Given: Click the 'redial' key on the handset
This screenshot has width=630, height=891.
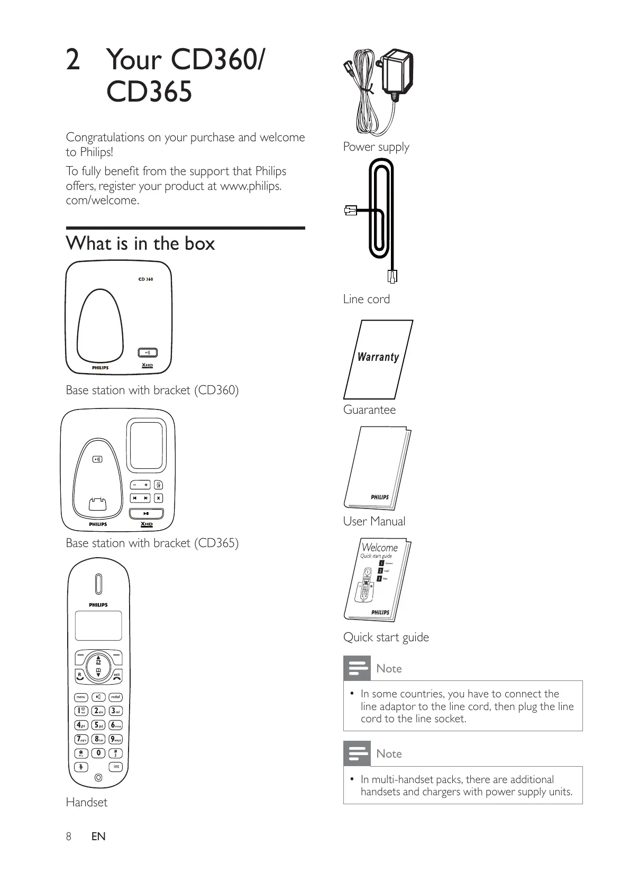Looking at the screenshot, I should pyautogui.click(x=115, y=697).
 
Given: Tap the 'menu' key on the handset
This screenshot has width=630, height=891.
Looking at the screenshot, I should pyautogui.click(x=81, y=697).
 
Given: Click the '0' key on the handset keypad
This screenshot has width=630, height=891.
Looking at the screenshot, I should pyautogui.click(x=98, y=753).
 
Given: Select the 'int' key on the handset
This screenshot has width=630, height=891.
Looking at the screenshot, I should pyautogui.click(x=116, y=767).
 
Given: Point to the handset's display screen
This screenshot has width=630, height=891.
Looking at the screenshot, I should pyautogui.click(x=98, y=626).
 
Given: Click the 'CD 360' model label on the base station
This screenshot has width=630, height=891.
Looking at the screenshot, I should pyautogui.click(x=145, y=279).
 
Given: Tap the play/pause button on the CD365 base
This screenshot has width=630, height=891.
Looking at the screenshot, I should pyautogui.click(x=147, y=513).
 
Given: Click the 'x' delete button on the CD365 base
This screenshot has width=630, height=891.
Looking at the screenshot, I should pyautogui.click(x=158, y=498).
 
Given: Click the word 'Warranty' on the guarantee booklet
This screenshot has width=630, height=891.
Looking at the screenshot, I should pyautogui.click(x=378, y=357).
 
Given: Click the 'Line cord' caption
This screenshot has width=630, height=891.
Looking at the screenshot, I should pyautogui.click(x=366, y=299).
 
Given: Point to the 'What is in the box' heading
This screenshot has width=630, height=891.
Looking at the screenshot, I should pyautogui.click(x=140, y=243).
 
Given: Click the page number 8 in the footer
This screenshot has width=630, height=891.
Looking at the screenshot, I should pyautogui.click(x=68, y=836).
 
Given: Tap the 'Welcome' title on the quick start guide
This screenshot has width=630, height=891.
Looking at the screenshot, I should pyautogui.click(x=379, y=548).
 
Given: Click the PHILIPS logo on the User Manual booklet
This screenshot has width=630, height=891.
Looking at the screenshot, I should pyautogui.click(x=379, y=497).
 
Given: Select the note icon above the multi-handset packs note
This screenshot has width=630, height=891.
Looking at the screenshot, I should pyautogui.click(x=357, y=753).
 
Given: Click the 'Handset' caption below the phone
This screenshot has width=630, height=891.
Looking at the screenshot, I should pyautogui.click(x=86, y=802).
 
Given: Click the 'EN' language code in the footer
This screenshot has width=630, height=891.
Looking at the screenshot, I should pyautogui.click(x=98, y=836).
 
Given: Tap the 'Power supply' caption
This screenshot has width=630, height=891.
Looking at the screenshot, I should pyautogui.click(x=376, y=147).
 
